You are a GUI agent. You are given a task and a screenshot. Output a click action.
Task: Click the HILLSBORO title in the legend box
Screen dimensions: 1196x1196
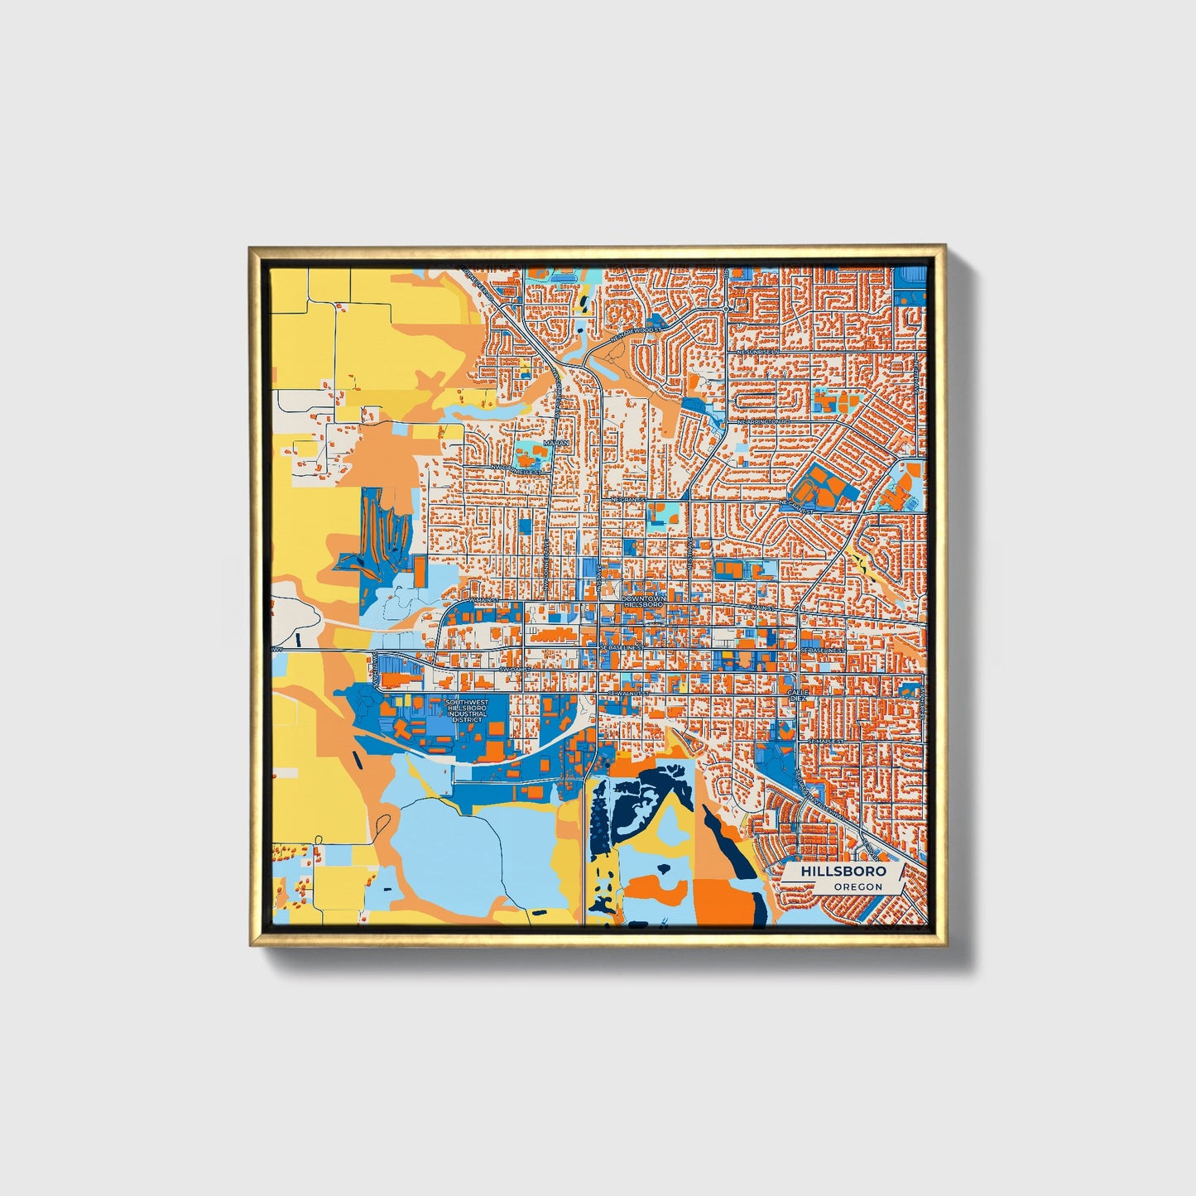[843, 872]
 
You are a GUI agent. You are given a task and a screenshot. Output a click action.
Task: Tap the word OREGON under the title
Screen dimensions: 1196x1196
[857, 886]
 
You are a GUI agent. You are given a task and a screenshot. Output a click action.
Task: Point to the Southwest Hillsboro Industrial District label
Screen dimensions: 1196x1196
[466, 711]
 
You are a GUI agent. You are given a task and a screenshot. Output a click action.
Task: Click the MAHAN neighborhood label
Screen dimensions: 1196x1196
[554, 444]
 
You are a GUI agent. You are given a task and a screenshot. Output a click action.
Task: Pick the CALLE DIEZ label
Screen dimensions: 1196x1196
[796, 694]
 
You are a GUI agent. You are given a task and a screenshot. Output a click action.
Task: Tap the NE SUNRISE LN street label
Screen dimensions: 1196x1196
[758, 352]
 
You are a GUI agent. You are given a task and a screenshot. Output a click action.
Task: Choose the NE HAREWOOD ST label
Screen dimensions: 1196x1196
[659, 329]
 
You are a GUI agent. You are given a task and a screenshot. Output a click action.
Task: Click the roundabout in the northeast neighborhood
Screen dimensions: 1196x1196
[726, 308]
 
